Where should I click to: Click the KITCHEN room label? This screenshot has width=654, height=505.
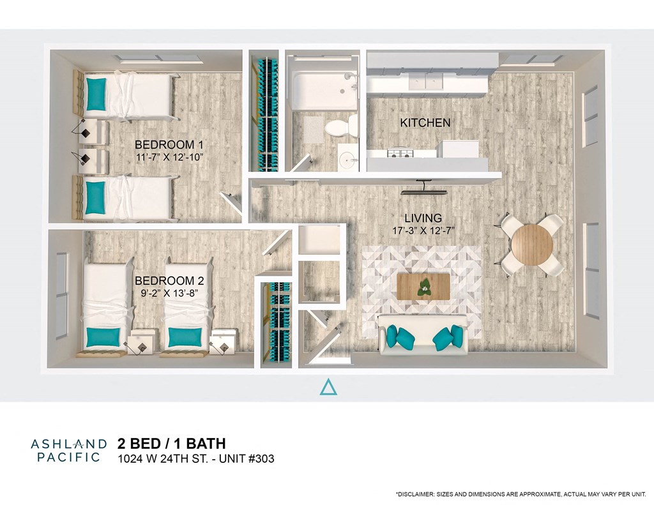pyautogui.click(x=425, y=123)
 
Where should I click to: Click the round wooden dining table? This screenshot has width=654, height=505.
pyautogui.click(x=531, y=245)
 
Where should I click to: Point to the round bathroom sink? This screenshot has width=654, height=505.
pyautogui.click(x=349, y=158)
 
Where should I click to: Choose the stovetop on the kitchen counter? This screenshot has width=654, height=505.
pyautogui.click(x=400, y=154)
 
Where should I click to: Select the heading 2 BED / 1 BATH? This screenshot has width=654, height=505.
pyautogui.click(x=171, y=443)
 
